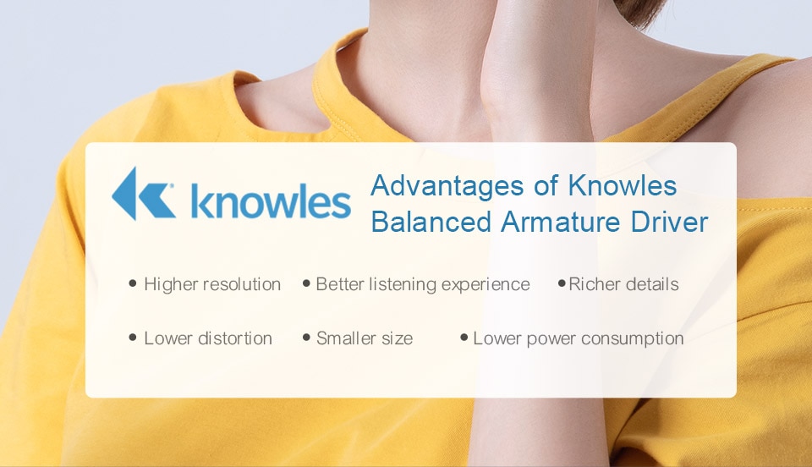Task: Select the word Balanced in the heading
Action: click(x=431, y=223)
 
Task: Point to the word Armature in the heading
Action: click(x=560, y=223)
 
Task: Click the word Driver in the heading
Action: click(x=669, y=223)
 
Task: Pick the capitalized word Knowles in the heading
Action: click(x=623, y=185)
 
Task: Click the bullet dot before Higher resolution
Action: click(x=133, y=283)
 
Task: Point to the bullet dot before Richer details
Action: click(x=562, y=283)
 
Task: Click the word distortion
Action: click(x=235, y=338)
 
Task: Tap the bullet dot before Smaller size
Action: click(x=306, y=338)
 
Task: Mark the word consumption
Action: click(x=632, y=339)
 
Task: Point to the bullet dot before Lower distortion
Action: click(x=133, y=338)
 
